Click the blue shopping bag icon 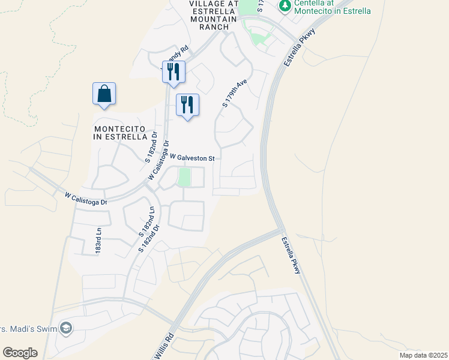coord(104,94)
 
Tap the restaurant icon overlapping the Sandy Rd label coord(173,72)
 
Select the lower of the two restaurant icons coord(187,105)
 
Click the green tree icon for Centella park coord(285,6)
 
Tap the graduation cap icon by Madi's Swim coord(66,328)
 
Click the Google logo coord(20,353)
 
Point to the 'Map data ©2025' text coord(422,355)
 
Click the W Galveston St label coord(192,158)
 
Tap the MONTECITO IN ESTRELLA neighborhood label coord(120,133)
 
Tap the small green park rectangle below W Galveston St coord(184,177)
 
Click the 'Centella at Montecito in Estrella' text coord(332,7)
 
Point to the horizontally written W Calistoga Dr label coord(86,198)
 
